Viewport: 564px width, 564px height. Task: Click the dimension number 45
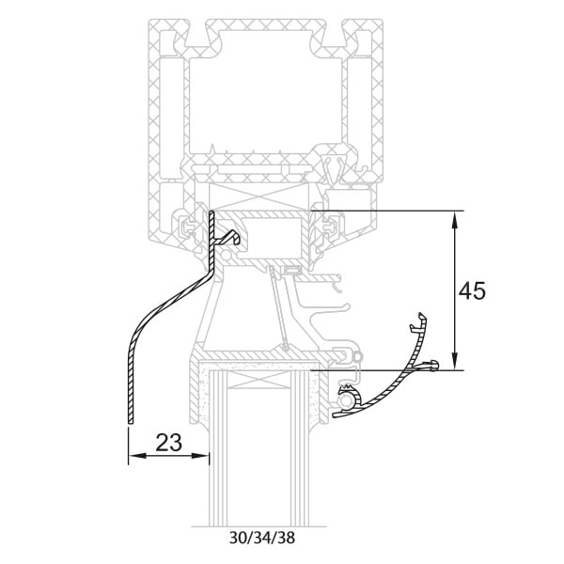click(x=472, y=290)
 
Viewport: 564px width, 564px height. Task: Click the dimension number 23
click(x=168, y=442)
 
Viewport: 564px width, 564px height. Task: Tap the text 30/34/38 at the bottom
click(x=262, y=538)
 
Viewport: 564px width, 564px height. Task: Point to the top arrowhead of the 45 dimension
click(x=455, y=220)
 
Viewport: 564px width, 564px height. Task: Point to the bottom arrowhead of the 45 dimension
click(x=455, y=361)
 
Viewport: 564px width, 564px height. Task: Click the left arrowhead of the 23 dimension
click(x=137, y=455)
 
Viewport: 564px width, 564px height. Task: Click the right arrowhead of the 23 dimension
click(x=200, y=455)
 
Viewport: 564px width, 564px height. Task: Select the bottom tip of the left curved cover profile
click(x=131, y=423)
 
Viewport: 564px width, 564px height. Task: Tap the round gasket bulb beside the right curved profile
click(x=347, y=399)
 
